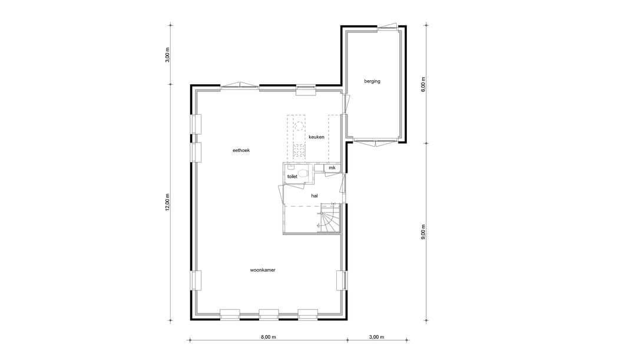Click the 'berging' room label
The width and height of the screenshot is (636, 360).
pyautogui.click(x=372, y=81)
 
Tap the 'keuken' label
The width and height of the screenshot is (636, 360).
pyautogui.click(x=316, y=137)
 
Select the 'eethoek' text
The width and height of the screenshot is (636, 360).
pyautogui.click(x=241, y=151)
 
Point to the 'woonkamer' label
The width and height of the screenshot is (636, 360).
pyautogui.click(x=263, y=270)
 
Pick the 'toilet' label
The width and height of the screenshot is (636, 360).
pyautogui.click(x=292, y=176)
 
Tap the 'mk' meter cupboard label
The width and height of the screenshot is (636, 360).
pyautogui.click(x=332, y=169)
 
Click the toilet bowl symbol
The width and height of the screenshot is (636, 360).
pyautogui.click(x=303, y=173)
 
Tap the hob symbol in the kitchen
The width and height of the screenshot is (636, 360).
pyautogui.click(x=299, y=151)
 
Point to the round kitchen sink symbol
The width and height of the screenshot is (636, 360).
pyautogui.click(x=299, y=125)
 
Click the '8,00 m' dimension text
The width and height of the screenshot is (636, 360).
pyautogui.click(x=268, y=338)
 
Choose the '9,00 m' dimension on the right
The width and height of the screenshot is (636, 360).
pyautogui.click(x=423, y=232)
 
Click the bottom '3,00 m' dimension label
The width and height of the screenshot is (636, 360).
pyautogui.click(x=376, y=338)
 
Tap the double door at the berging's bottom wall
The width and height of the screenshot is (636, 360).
pyautogui.click(x=374, y=142)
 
